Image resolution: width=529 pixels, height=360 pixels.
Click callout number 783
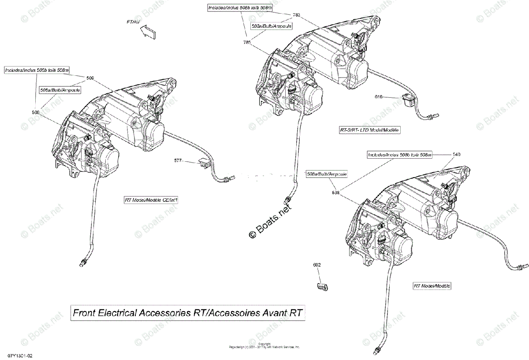pos(296,15)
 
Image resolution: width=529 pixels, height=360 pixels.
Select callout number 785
pos(247,42)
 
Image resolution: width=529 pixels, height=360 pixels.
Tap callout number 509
pos(90,78)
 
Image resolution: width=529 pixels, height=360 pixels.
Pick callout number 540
pos(456,155)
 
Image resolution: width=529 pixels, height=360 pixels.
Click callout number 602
pos(317,265)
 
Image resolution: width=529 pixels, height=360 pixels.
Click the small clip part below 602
pos(321,286)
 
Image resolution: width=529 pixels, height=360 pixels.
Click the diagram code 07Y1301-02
pos(19,355)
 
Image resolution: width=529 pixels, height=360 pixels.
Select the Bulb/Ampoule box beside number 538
pos(327,174)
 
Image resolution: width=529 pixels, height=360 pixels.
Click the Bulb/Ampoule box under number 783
pos(272,26)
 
